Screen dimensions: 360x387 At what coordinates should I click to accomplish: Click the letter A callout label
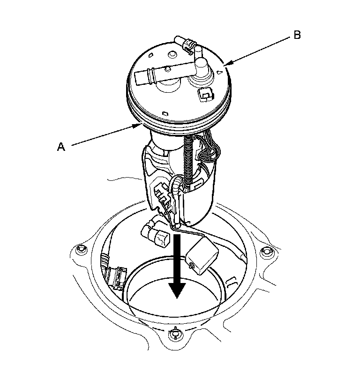point(60,147)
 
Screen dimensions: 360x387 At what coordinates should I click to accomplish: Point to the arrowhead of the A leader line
point(140,125)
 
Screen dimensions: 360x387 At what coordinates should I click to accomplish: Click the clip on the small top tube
point(187,45)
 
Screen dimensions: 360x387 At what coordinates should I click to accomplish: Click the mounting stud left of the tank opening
point(83,248)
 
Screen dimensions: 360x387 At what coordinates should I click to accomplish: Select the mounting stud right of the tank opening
point(267,252)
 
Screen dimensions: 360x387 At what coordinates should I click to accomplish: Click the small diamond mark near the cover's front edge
point(165,113)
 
